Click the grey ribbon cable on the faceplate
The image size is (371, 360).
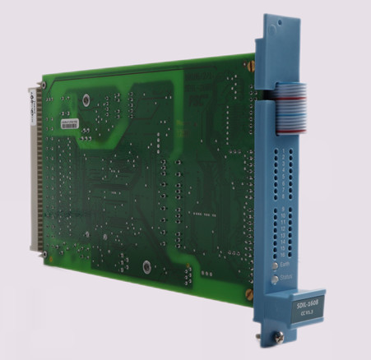[x=293, y=106]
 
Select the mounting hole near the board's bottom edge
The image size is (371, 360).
[x=146, y=266]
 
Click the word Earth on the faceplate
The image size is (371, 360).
[x=285, y=264]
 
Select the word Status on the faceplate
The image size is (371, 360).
[x=286, y=278]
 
